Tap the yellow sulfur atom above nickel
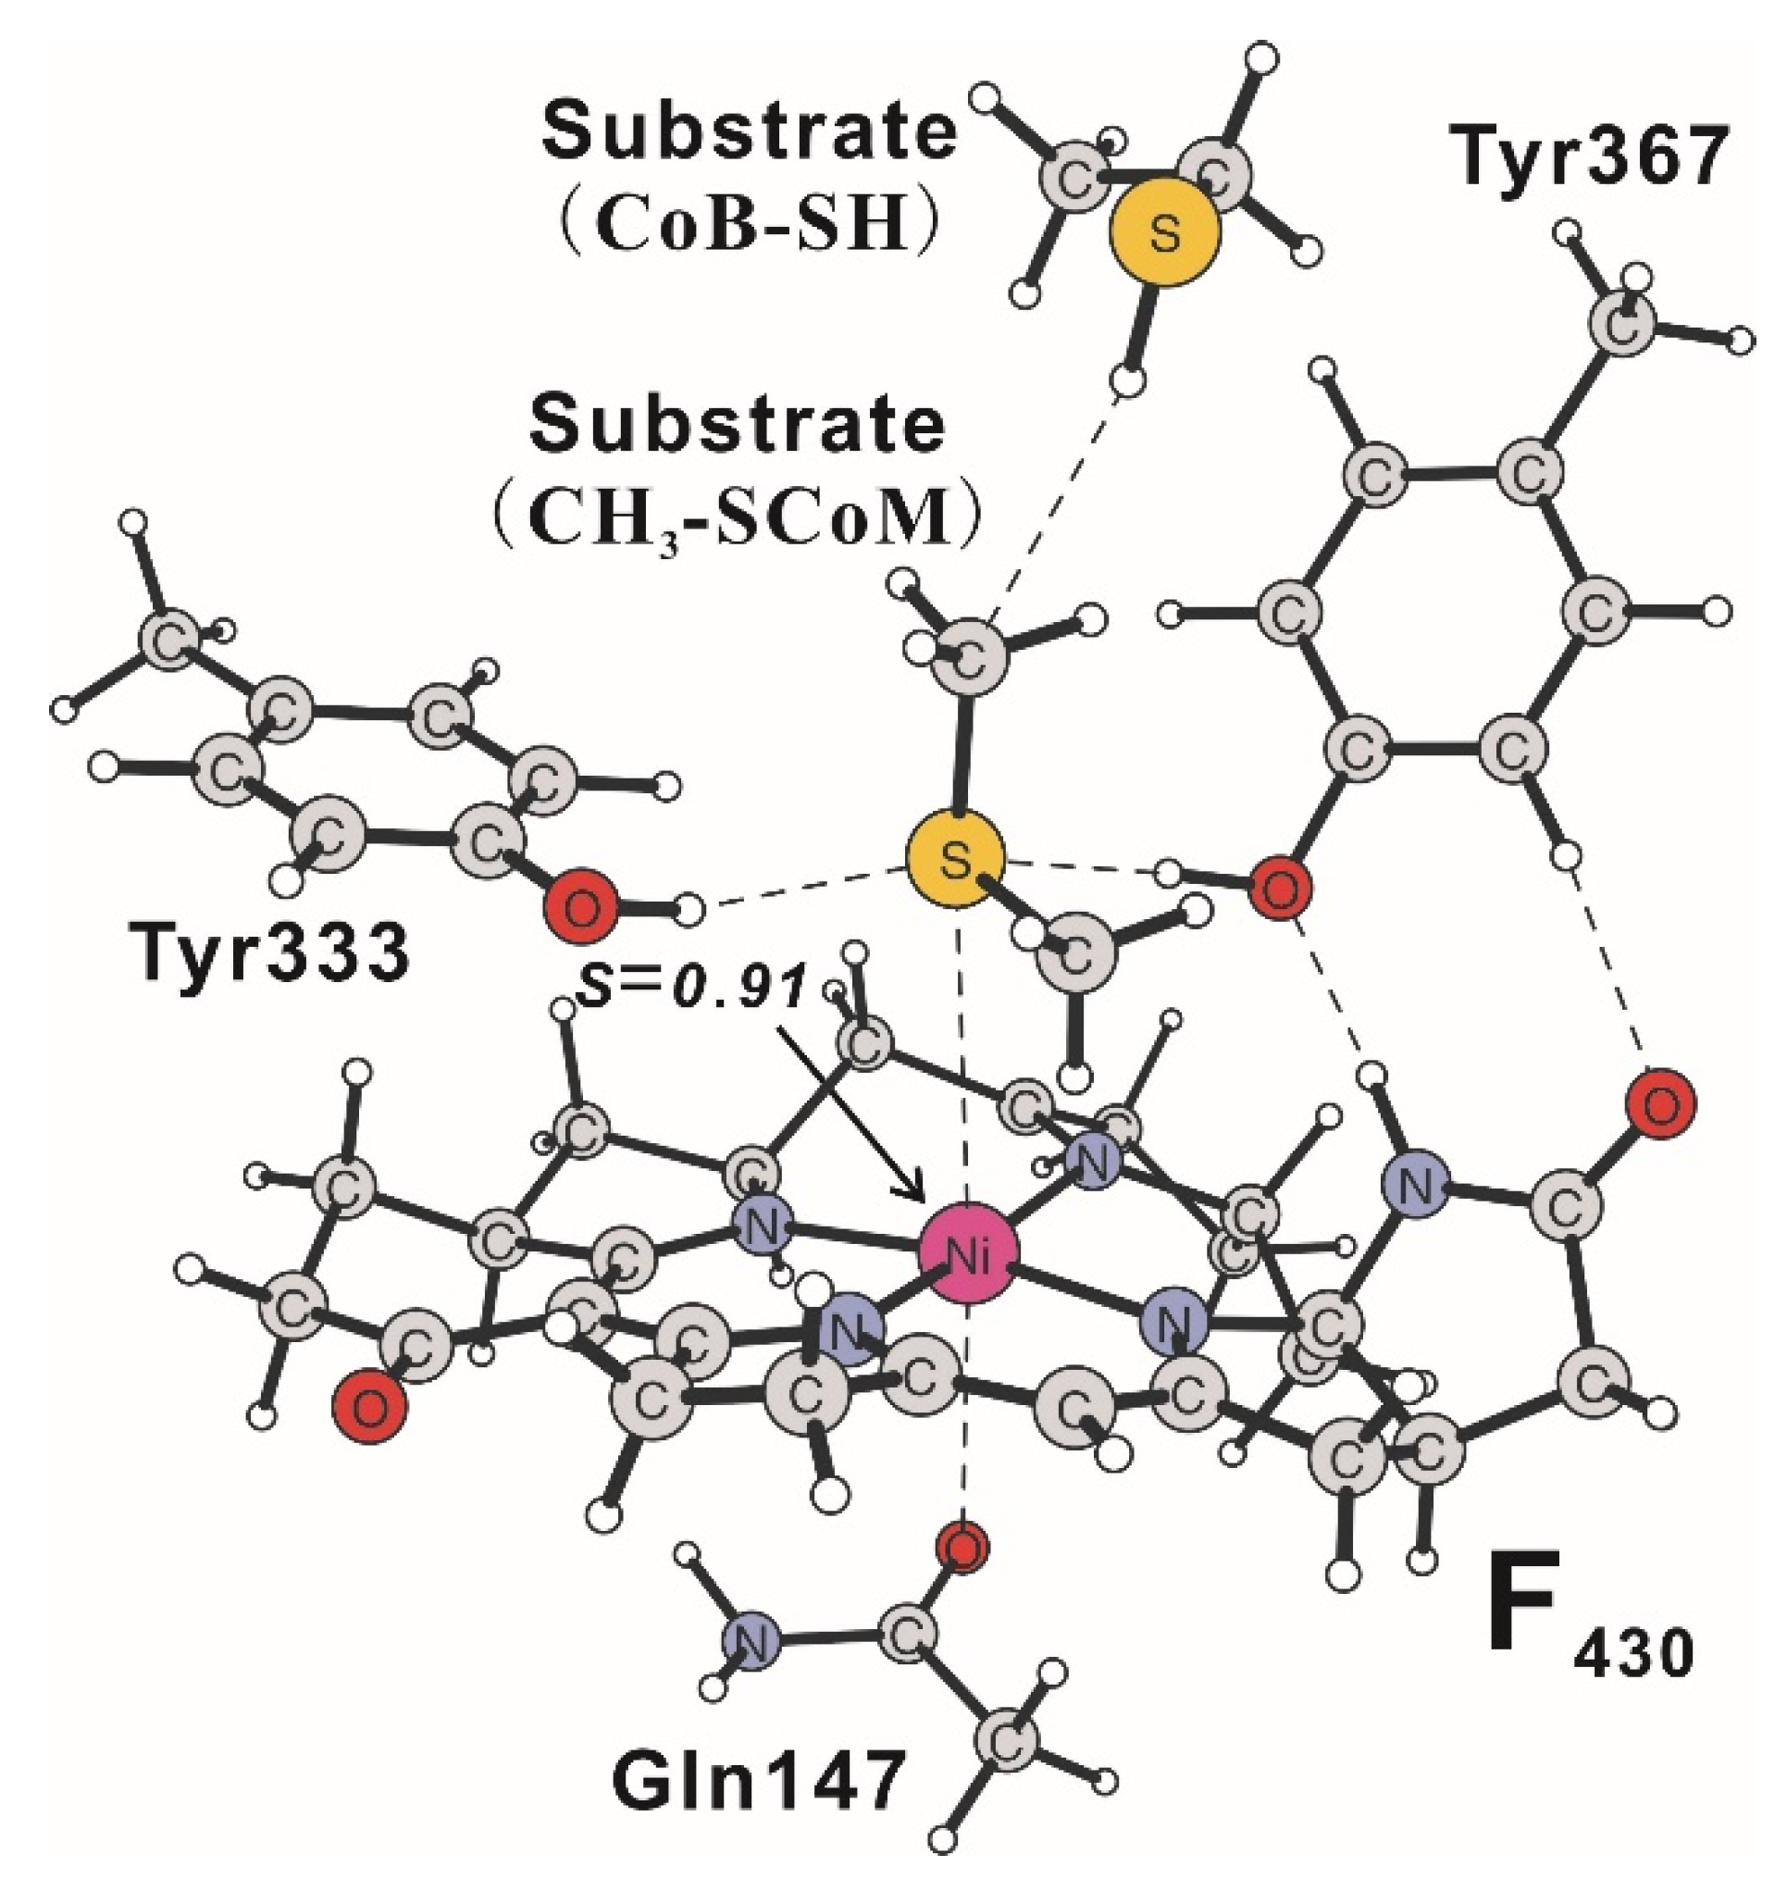[x=955, y=859]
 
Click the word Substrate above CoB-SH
[x=749, y=133]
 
